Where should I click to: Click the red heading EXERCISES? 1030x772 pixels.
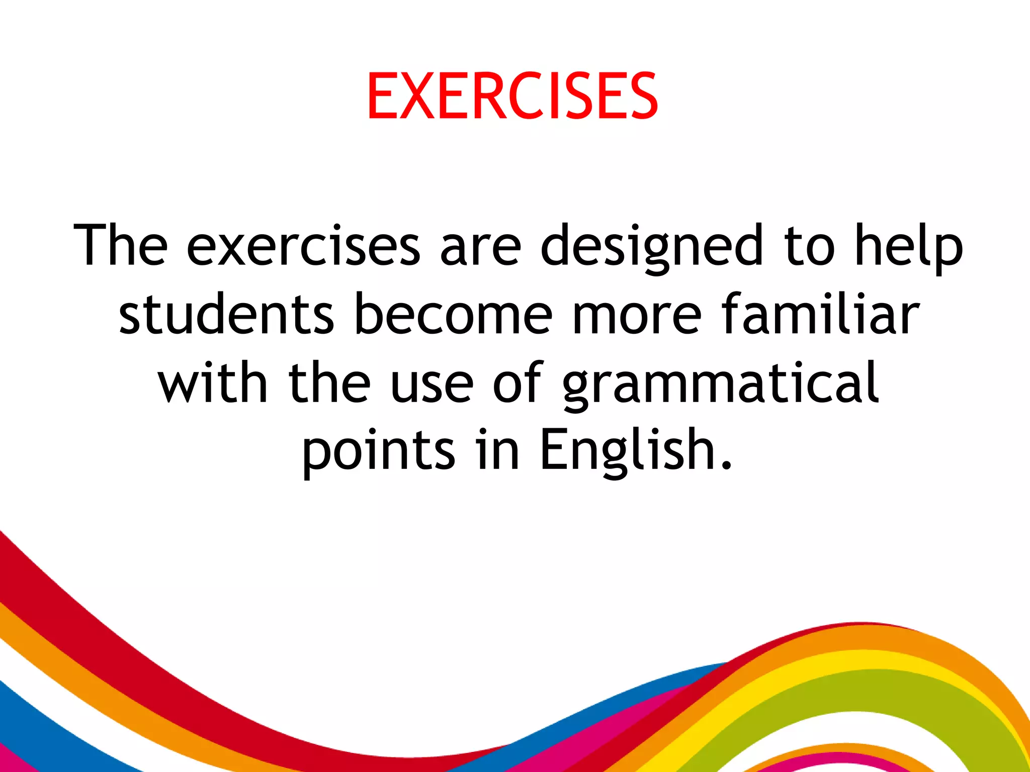512,96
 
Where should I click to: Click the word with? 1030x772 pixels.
212,383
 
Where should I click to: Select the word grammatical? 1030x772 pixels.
720,383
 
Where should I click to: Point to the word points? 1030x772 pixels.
378,450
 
